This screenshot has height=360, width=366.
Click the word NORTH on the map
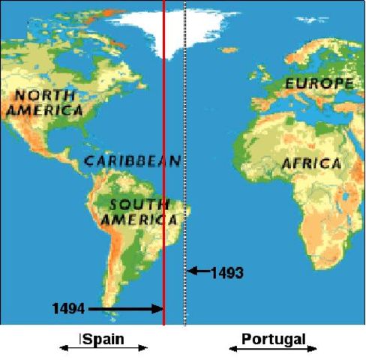[43, 95]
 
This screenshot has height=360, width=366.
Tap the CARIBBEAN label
[132, 161]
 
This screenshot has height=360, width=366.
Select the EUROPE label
[318, 83]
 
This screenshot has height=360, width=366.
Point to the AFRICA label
[310, 163]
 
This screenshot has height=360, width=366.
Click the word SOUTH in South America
[134, 205]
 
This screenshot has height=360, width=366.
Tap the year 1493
[227, 272]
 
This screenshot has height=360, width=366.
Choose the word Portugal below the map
[273, 339]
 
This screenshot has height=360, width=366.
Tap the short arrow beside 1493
[198, 271]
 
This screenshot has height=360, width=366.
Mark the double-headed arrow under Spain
[103, 348]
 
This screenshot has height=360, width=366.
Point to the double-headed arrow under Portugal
[273, 349]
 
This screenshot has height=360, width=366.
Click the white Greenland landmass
[178, 30]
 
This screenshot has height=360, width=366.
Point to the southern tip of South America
[127, 319]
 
